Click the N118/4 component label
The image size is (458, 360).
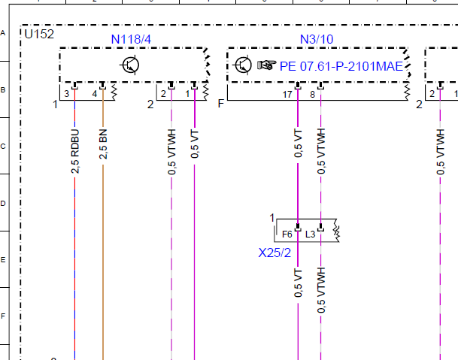tap(131, 39)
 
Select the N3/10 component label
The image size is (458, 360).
tap(317, 39)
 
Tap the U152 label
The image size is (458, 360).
tap(39, 34)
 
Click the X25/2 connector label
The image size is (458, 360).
tap(274, 253)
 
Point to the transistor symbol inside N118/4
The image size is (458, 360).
tap(129, 65)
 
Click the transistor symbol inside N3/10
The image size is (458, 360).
tap(242, 65)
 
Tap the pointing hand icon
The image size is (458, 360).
tap(266, 65)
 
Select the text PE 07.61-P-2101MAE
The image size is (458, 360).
tap(341, 66)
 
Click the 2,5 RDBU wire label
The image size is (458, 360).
tap(75, 151)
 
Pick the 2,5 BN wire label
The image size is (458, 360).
tap(103, 144)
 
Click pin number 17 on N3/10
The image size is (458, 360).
tap(287, 94)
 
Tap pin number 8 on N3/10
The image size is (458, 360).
tap(313, 94)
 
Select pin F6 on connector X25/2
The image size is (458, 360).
tap(287, 234)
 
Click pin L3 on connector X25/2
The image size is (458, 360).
tap(310, 234)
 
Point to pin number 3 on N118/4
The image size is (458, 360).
tap(67, 94)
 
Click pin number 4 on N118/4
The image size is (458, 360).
tap(94, 94)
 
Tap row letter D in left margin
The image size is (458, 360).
tap(3, 203)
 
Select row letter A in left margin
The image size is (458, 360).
tap(3, 33)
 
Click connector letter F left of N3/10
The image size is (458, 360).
tap(221, 104)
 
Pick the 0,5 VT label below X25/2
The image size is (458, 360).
tap(299, 283)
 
